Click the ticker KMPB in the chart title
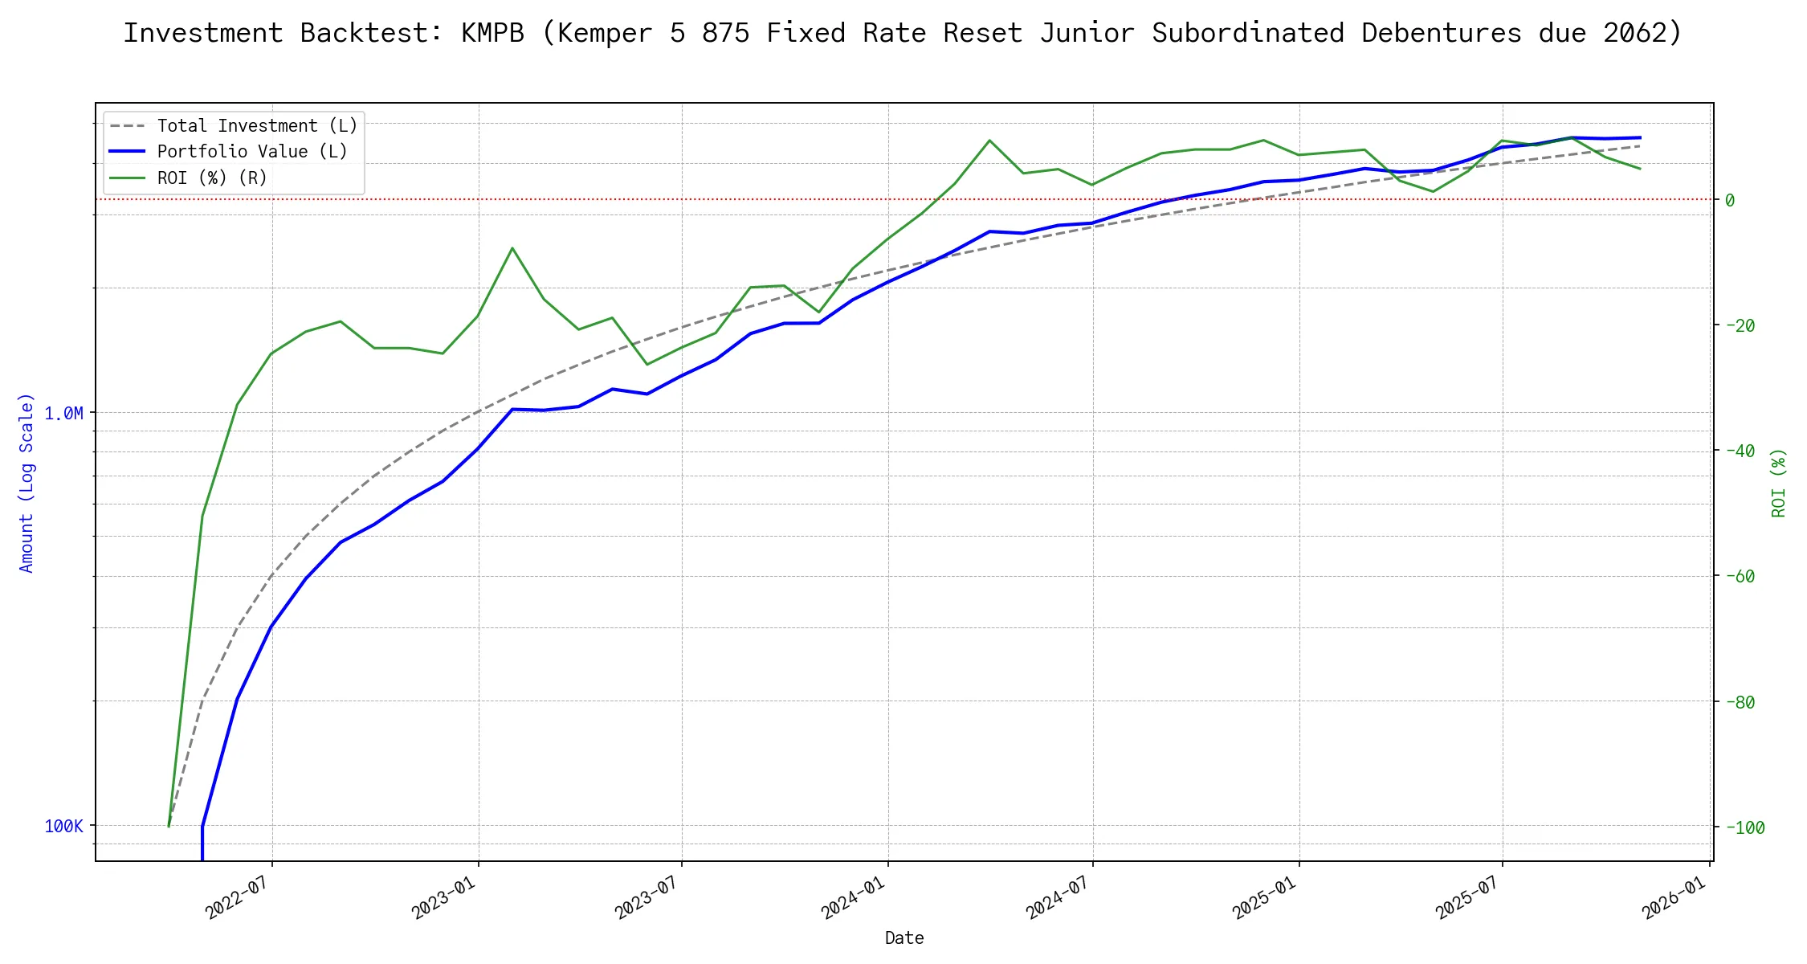pyautogui.click(x=492, y=33)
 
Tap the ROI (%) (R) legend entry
pyautogui.click(x=212, y=178)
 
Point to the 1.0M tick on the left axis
pyautogui.click(x=63, y=413)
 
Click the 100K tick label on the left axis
pyautogui.click(x=63, y=826)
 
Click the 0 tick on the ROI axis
pyautogui.click(x=1730, y=200)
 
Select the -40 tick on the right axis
pyautogui.click(x=1740, y=451)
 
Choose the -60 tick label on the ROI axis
pyautogui.click(x=1740, y=576)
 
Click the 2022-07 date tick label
pyautogui.click(x=236, y=897)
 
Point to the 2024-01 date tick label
pyautogui.click(x=852, y=897)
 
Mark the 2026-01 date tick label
pyautogui.click(x=1674, y=897)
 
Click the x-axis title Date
pyautogui.click(x=904, y=938)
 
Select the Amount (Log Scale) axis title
pyautogui.click(x=27, y=482)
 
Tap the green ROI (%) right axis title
pyautogui.click(x=1779, y=482)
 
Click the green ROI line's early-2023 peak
pyautogui.click(x=512, y=247)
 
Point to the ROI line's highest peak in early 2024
pyautogui.click(x=989, y=141)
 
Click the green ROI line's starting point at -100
pyautogui.click(x=169, y=826)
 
